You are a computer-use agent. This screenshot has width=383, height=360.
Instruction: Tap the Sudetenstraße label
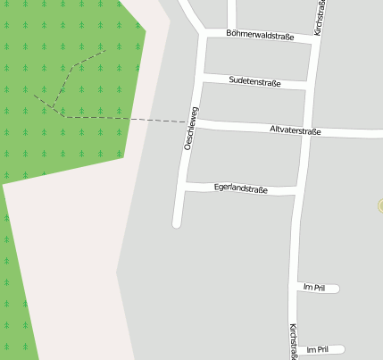coord(254,82)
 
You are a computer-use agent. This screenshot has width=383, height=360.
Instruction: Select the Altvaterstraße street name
coord(295,130)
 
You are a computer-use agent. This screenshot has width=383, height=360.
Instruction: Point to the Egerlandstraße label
coord(241,188)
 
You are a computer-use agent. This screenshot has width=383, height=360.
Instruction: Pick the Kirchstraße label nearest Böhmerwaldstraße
coord(320,17)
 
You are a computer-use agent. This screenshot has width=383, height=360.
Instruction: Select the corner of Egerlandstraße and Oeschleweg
coord(184,185)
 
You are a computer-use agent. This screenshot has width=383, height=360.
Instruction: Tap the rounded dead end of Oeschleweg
coord(177,223)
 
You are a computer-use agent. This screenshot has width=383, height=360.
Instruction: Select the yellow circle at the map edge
coord(380,205)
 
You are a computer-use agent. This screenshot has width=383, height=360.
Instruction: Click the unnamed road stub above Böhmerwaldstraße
coord(231,13)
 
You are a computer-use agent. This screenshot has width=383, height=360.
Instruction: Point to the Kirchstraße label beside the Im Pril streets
coord(292,341)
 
